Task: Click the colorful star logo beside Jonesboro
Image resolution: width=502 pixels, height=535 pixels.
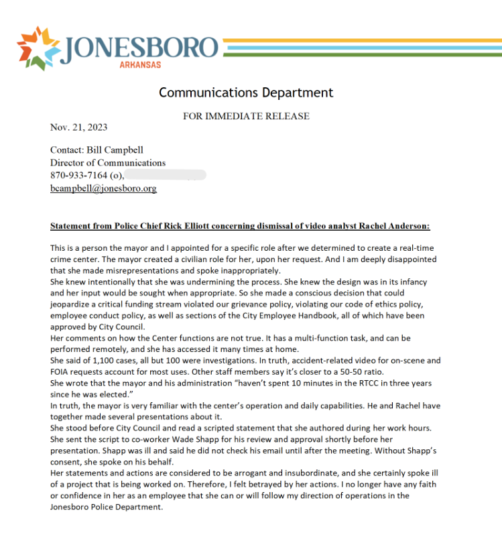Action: tap(39, 48)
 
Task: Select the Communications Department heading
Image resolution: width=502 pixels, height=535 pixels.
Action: tap(245, 93)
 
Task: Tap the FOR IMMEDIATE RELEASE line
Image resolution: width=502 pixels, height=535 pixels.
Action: tap(246, 116)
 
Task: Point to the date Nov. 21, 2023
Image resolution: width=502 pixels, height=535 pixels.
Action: tap(78, 127)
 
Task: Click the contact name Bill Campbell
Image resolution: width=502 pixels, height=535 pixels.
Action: tap(115, 150)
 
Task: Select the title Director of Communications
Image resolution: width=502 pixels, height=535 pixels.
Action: tap(107, 162)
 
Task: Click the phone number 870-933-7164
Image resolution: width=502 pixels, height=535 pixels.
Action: tap(78, 175)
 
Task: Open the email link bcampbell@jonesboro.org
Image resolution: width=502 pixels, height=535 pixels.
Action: tap(103, 188)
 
